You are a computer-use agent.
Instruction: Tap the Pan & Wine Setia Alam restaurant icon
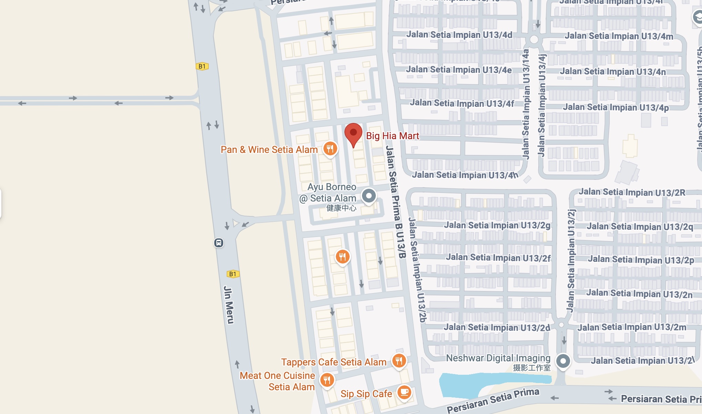click(330, 149)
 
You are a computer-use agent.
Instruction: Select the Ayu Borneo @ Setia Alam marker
click(369, 196)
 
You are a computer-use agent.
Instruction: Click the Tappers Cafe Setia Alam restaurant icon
click(399, 361)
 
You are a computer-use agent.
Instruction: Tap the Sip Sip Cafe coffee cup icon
click(404, 392)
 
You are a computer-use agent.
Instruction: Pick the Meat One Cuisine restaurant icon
click(327, 380)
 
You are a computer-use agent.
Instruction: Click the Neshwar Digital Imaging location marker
click(563, 361)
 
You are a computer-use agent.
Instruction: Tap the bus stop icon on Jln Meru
click(219, 243)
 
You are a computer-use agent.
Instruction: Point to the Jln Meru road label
click(229, 305)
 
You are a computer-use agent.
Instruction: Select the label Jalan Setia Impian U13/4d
click(459, 35)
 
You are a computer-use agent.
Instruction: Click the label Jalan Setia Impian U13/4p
click(616, 107)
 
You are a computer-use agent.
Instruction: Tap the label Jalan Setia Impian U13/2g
click(497, 225)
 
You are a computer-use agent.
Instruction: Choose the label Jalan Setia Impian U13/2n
click(639, 294)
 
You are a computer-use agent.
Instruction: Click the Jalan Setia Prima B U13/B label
click(395, 201)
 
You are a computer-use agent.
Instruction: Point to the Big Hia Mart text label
click(392, 136)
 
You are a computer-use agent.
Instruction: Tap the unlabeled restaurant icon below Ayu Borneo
click(342, 257)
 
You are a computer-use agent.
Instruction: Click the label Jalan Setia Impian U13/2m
click(632, 327)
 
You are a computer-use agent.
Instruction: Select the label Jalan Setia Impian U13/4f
click(462, 103)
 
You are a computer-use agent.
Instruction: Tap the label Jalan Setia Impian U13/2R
click(632, 192)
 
